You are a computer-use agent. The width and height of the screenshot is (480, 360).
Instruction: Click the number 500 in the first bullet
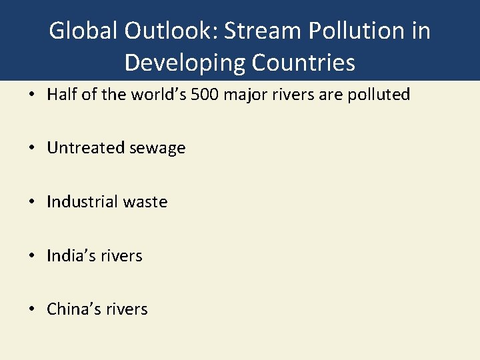pyautogui.click(x=204, y=95)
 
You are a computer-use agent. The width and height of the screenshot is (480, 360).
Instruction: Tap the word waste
pyautogui.click(x=145, y=201)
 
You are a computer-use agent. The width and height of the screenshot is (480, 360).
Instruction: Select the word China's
pyautogui.click(x=69, y=309)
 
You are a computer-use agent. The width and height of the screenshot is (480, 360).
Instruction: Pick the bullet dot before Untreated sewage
pyautogui.click(x=33, y=149)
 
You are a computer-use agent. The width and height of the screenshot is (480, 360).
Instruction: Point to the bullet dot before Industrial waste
pyautogui.click(x=33, y=202)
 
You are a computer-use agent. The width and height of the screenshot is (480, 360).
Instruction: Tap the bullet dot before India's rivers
pyautogui.click(x=33, y=256)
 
